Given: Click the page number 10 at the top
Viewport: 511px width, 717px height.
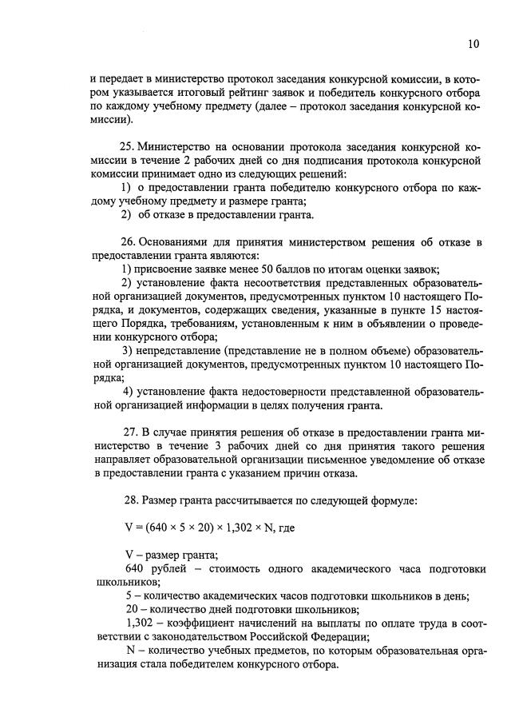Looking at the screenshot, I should (473, 45).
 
